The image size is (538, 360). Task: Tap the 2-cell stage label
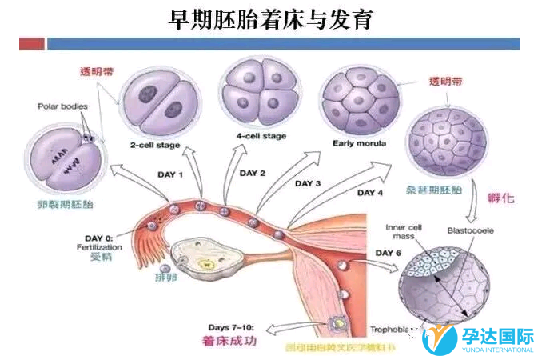point(155,145)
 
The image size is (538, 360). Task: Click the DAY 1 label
point(170,174)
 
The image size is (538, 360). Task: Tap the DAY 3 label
point(308,183)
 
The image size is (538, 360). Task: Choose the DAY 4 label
point(369,193)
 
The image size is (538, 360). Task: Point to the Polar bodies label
point(62,106)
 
